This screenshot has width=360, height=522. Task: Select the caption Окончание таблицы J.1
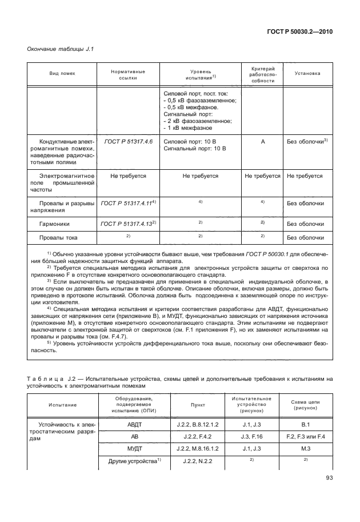click(x=60, y=49)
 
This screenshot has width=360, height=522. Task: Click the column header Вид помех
click(x=62, y=74)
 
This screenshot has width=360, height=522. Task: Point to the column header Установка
click(x=307, y=74)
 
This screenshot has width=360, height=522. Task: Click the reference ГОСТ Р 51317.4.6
click(x=128, y=141)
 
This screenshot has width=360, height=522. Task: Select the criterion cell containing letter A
click(x=263, y=141)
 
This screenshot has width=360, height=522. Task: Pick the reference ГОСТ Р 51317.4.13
click(x=128, y=224)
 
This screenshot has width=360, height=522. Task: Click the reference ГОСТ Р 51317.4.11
click(x=128, y=203)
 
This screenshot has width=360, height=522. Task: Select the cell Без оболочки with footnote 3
click(x=307, y=141)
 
